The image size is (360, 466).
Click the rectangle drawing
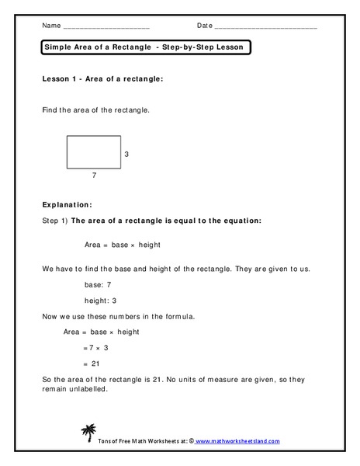click(94, 151)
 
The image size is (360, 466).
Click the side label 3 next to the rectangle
click(126, 155)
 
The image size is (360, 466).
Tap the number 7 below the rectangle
click(94, 176)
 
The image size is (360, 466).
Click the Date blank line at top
click(265, 27)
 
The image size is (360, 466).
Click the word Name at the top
click(50, 26)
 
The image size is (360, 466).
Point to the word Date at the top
click(204, 26)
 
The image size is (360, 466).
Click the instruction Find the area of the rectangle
click(95, 110)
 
